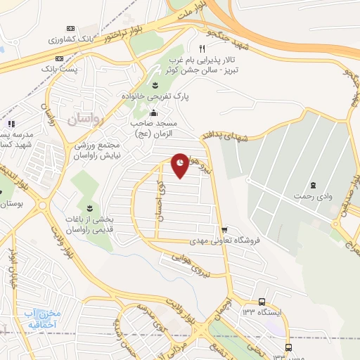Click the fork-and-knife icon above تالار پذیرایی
pos(202,49)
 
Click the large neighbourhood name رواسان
pos(86,120)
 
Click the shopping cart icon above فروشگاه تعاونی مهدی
pos(224,230)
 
